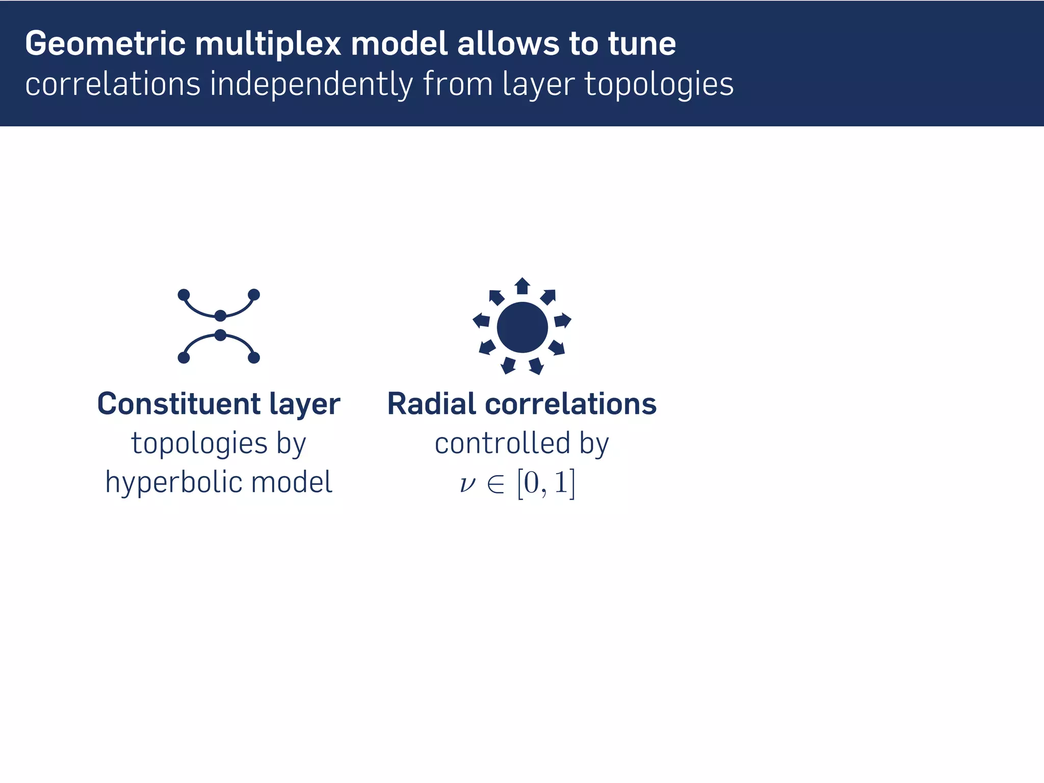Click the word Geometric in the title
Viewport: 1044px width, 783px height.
(105, 44)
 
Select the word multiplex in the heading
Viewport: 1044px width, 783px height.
(268, 44)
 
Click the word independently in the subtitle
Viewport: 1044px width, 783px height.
(311, 85)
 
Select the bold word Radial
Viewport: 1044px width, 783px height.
(432, 404)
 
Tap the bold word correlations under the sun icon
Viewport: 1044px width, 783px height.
(570, 404)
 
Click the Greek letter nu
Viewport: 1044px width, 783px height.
(467, 484)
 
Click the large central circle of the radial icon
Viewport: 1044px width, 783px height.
(522, 327)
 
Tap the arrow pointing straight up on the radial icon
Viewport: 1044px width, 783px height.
(522, 286)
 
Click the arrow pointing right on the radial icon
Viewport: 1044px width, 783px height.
(562, 320)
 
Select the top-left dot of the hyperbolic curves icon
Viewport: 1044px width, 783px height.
(184, 295)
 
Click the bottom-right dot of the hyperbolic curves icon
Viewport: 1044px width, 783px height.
(254, 358)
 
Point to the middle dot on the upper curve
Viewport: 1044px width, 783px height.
(220, 316)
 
